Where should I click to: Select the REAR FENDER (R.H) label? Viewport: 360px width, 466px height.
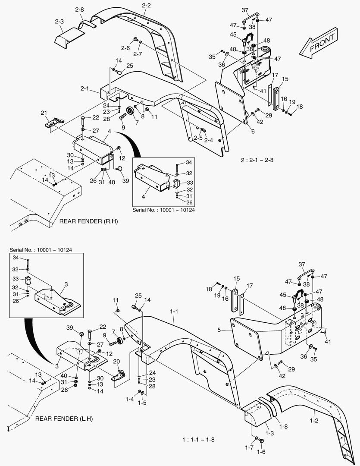88,221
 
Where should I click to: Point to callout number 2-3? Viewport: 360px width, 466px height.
59,22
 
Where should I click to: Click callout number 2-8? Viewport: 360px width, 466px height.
79,9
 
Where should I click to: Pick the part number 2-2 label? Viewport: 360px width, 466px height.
146,5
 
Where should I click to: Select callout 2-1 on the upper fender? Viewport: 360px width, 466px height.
85,88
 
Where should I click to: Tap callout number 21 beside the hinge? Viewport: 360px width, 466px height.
44,113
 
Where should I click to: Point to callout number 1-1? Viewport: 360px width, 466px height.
174,311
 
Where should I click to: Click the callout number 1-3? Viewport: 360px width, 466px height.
270,432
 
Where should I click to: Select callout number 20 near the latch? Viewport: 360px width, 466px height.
116,361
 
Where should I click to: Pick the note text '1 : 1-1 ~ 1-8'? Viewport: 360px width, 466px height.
198,440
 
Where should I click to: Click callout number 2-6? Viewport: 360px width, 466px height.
125,48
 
